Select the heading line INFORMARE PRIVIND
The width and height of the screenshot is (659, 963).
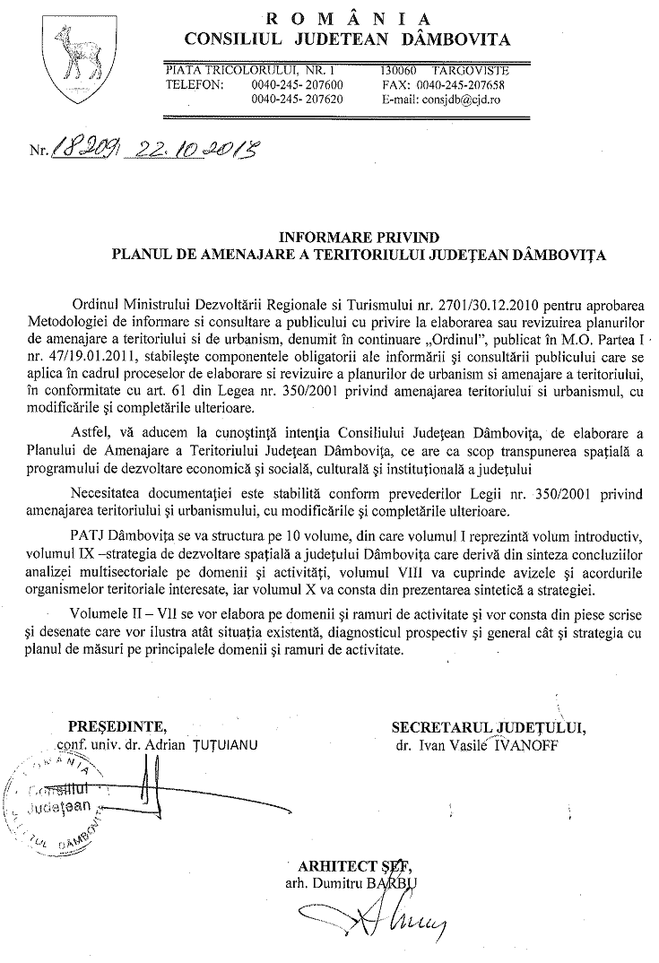(359, 238)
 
